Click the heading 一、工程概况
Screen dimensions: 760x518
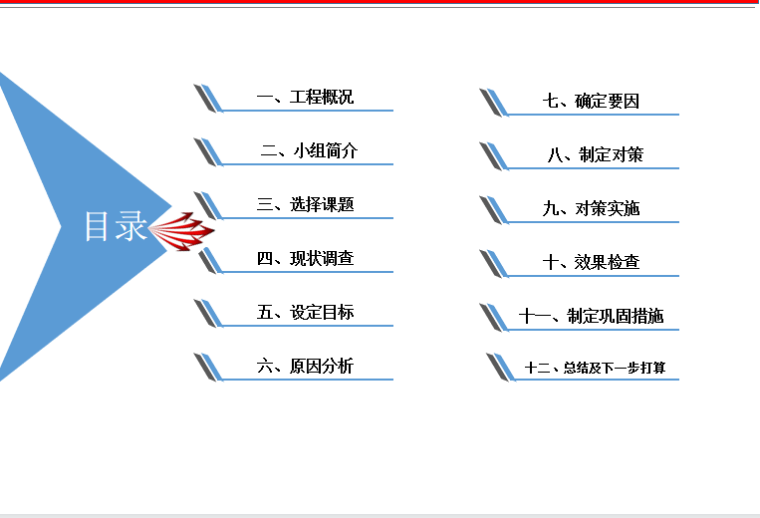coord(305,97)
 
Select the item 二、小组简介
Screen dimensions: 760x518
coord(309,150)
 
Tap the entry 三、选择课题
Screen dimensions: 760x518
coord(305,204)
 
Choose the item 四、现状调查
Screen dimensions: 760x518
coord(305,258)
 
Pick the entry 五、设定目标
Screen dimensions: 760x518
coord(305,312)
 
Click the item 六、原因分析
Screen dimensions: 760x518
coord(305,366)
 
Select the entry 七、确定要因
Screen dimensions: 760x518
coord(591,101)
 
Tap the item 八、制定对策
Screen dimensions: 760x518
coord(596,154)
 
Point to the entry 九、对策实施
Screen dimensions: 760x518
coord(591,208)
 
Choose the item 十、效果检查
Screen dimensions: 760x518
coord(591,262)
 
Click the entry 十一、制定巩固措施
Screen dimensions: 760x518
coord(591,316)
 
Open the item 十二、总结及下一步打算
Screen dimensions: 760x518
coord(596,368)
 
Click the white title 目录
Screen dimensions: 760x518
coord(116,226)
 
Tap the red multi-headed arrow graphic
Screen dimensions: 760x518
coord(181,231)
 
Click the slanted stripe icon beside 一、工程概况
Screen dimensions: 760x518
coord(208,98)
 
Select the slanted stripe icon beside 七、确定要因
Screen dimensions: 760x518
coord(494,103)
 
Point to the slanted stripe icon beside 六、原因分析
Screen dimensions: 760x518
coord(208,367)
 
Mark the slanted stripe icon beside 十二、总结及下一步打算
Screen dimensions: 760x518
coord(501,367)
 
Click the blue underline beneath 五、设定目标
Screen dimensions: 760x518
coord(308,326)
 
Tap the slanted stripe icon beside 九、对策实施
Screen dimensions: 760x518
coord(494,210)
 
